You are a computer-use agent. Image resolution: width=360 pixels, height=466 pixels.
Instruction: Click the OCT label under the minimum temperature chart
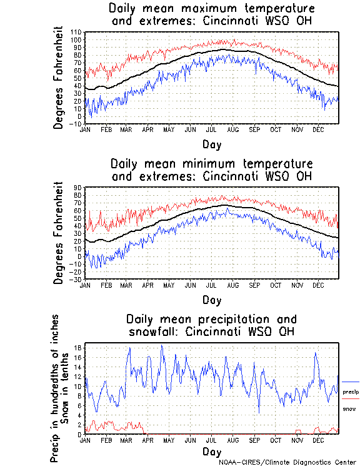275,284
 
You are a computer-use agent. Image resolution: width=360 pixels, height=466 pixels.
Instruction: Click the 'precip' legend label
351,392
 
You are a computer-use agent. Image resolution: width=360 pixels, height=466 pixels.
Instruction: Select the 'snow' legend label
349,408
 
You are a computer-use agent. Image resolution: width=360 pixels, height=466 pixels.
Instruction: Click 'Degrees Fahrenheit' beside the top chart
59,78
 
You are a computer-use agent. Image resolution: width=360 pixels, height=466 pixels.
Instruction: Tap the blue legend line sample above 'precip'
351,382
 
